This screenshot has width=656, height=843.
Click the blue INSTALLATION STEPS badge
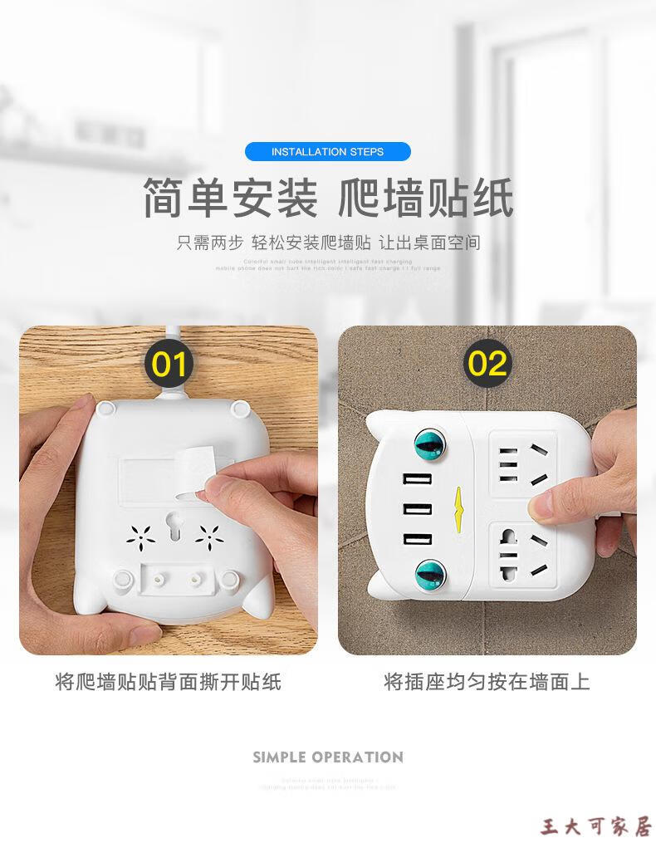[x=327, y=152]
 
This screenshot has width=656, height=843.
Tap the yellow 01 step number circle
[x=170, y=365]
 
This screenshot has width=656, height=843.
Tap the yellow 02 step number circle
[x=487, y=364]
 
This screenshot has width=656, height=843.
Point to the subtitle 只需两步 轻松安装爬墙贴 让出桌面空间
[x=328, y=243]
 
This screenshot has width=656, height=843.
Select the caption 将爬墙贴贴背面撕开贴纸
[x=169, y=683]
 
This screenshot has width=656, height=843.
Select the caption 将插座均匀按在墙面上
[x=487, y=683]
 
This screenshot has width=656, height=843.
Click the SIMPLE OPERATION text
[x=328, y=757]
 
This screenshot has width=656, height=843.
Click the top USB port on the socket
[x=414, y=479]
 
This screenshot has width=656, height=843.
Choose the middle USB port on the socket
[x=414, y=509]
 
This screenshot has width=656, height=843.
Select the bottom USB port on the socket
[x=414, y=539]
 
